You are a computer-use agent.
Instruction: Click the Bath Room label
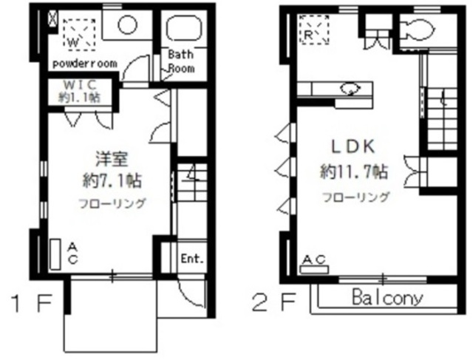tap(181, 61)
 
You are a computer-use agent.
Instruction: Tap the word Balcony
tap(387, 299)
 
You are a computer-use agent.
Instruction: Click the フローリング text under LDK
tap(355, 197)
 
